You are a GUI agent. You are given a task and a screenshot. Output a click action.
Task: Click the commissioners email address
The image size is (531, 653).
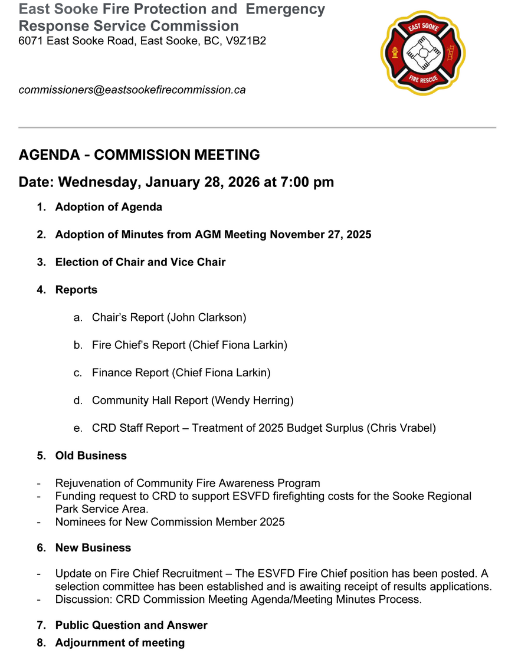tap(132, 90)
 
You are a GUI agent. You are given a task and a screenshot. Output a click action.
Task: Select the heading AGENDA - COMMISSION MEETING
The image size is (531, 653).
tap(139, 155)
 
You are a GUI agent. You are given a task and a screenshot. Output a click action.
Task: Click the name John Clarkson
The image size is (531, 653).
tap(206, 317)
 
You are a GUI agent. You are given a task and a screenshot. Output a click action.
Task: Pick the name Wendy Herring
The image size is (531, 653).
tap(252, 401)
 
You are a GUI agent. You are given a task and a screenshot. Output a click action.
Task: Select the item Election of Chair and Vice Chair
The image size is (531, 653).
tap(140, 262)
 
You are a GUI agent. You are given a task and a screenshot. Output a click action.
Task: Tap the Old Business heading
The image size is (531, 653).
tap(91, 456)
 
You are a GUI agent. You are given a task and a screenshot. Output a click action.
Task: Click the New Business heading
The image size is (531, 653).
tap(93, 548)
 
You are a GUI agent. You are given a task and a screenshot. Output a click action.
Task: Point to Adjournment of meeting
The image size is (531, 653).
tap(120, 642)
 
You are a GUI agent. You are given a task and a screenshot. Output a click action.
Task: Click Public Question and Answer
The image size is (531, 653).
tap(131, 625)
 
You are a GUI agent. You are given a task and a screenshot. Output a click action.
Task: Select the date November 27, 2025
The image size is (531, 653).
tap(320, 235)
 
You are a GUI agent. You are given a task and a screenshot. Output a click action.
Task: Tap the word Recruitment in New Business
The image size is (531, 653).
tap(196, 574)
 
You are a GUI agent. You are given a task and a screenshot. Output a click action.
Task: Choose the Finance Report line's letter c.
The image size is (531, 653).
tap(78, 373)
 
